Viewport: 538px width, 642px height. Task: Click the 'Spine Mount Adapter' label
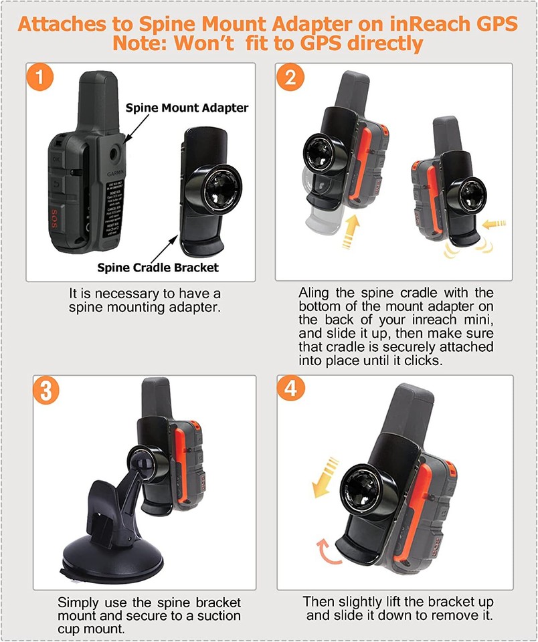point(187,108)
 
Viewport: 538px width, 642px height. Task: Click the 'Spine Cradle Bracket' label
point(157,267)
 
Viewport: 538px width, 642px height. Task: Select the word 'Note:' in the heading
point(137,44)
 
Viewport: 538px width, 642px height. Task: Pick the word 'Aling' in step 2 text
point(315,293)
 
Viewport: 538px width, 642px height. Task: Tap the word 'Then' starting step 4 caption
point(318,601)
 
